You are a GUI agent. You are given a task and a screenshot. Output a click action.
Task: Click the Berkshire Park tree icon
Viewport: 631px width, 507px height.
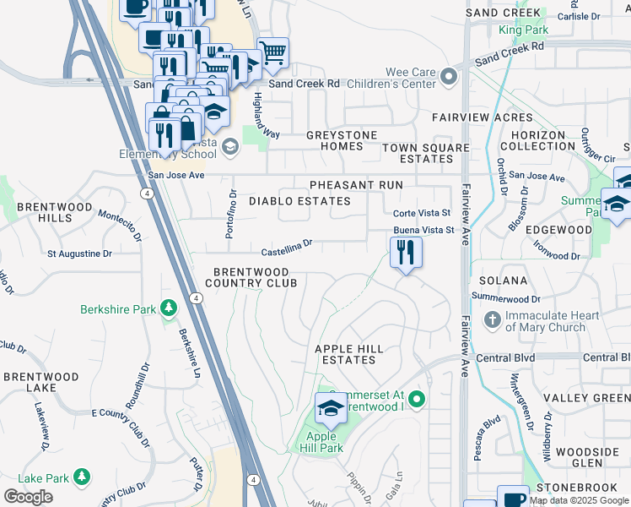168,309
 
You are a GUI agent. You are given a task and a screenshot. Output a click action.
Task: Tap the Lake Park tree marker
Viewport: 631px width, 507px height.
81,478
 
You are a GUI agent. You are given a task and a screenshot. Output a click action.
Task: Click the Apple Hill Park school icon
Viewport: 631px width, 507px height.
331,410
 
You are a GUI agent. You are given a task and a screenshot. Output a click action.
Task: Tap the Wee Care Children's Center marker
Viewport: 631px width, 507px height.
448,78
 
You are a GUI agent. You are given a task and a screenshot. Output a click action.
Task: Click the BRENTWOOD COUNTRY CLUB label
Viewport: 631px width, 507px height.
250,277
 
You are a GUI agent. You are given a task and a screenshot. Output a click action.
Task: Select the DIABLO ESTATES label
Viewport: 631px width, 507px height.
299,201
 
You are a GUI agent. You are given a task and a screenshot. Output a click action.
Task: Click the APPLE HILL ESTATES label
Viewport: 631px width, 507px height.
349,354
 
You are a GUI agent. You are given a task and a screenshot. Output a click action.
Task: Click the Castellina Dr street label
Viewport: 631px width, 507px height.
287,248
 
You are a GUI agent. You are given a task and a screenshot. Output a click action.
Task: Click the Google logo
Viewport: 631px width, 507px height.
28,497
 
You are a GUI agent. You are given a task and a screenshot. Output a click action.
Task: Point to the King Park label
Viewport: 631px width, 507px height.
523,30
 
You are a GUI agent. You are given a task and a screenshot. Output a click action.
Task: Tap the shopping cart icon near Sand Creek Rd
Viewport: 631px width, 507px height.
272,52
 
